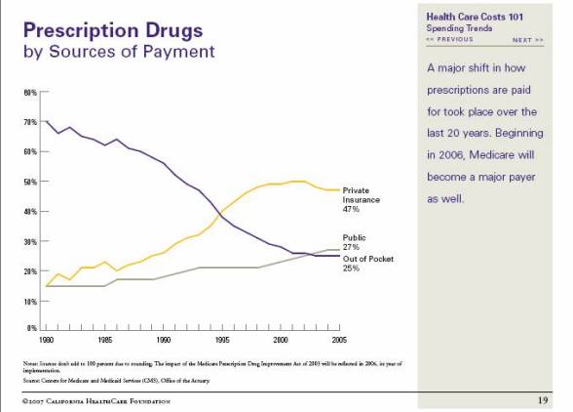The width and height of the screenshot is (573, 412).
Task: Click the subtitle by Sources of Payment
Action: (118, 50)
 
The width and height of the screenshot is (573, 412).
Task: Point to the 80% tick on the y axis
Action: (31, 93)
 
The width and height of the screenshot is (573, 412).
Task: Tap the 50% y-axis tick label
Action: (31, 182)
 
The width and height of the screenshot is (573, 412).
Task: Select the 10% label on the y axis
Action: (31, 301)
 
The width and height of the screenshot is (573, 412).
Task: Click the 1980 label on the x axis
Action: (47, 340)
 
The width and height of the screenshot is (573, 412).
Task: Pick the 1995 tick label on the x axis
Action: (222, 340)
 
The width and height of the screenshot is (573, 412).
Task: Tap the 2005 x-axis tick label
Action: (339, 340)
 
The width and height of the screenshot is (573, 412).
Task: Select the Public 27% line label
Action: (355, 242)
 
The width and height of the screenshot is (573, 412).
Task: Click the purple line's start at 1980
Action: (47, 120)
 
